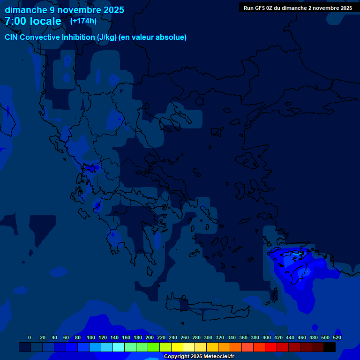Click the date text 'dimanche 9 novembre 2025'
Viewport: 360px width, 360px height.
pyautogui.click(x=64, y=10)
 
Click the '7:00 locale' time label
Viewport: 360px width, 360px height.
pyautogui.click(x=33, y=21)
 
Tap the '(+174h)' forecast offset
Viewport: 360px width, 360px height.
pyautogui.click(x=83, y=21)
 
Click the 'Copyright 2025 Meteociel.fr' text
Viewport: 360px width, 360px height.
pyautogui.click(x=199, y=356)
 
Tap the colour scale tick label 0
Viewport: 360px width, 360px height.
pyautogui.click(x=30, y=337)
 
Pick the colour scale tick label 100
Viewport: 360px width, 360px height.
pyautogui.click(x=91, y=337)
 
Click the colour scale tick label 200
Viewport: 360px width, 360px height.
pyautogui.click(x=150, y=337)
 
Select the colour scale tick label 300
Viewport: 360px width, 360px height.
pyautogui.click(x=208, y=337)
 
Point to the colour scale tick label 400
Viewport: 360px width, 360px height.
pyautogui.click(x=267, y=337)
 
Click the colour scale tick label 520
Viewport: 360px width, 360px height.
pyautogui.click(x=337, y=337)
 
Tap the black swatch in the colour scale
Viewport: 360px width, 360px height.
pyautogui.click(x=330, y=347)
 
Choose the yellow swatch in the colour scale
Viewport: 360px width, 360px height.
pyautogui.click(x=177, y=347)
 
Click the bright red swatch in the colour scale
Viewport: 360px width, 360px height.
pyautogui.click(x=271, y=347)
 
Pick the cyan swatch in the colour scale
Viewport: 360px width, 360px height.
pyautogui.click(x=119, y=347)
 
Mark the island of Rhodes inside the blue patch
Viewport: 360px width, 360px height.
pyautogui.click(x=300, y=274)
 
